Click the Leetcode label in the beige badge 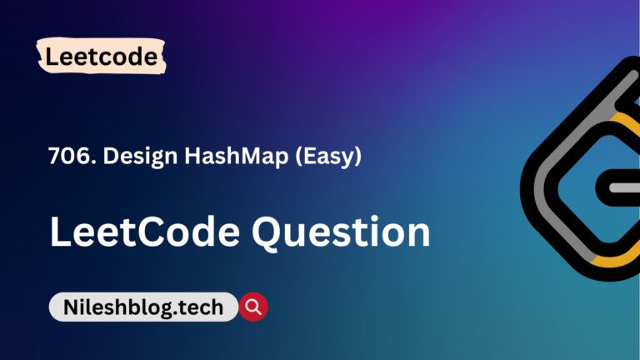pyautogui.click(x=102, y=57)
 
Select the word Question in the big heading pyautogui.click(x=341, y=231)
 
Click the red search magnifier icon pyautogui.click(x=253, y=307)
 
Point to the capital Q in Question pyautogui.click(x=272, y=232)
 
